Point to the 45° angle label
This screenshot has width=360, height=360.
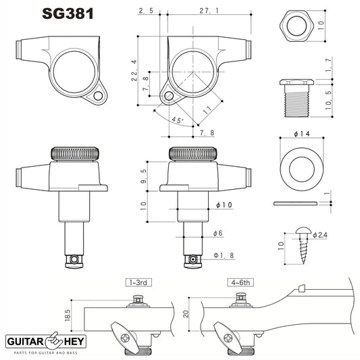(178, 120)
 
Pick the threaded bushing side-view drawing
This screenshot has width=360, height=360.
(295, 95)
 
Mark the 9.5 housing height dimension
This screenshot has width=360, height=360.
(145, 176)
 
